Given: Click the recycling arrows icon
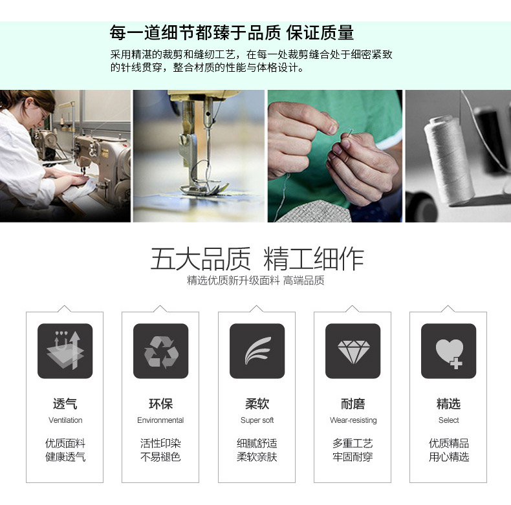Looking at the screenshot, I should (x=160, y=351).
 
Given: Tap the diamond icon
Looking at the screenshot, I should (x=353, y=351).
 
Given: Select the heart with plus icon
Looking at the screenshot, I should (x=448, y=352).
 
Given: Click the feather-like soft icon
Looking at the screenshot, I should (x=257, y=351).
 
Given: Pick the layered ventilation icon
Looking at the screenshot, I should (x=65, y=351).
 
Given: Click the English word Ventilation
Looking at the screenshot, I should (x=65, y=420).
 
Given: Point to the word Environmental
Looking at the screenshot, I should (x=160, y=420).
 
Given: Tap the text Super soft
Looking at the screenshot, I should (x=257, y=420).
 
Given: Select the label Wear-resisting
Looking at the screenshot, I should (x=353, y=420).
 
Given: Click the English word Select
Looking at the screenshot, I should (x=448, y=420).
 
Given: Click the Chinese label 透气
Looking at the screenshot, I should (x=65, y=404).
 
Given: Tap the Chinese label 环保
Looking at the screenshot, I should (x=160, y=404).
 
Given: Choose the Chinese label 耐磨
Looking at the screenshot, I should (x=353, y=404).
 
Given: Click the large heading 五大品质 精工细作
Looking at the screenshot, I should (x=257, y=259).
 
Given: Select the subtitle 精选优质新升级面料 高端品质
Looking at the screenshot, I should (x=255, y=281).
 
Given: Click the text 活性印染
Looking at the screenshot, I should (x=160, y=444).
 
